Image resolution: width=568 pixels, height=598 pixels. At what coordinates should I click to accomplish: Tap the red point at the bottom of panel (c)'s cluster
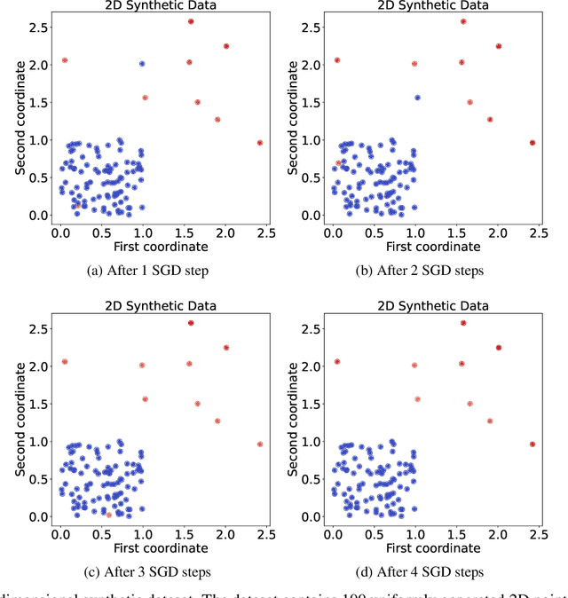coord(108,514)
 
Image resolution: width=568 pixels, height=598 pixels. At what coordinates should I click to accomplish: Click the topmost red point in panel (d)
coord(463,323)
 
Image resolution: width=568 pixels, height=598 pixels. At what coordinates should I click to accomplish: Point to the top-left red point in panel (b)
coord(337,60)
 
